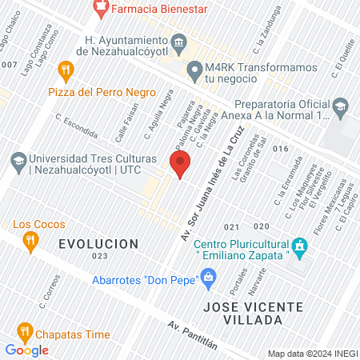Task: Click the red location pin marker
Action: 179,164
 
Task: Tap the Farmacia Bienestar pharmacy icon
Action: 100,9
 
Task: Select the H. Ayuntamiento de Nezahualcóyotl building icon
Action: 178,42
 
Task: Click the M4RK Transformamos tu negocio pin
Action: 194,70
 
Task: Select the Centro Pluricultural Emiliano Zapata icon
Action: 299,248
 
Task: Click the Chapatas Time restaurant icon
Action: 24,330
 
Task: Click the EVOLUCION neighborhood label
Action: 98,243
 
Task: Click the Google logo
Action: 26,350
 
